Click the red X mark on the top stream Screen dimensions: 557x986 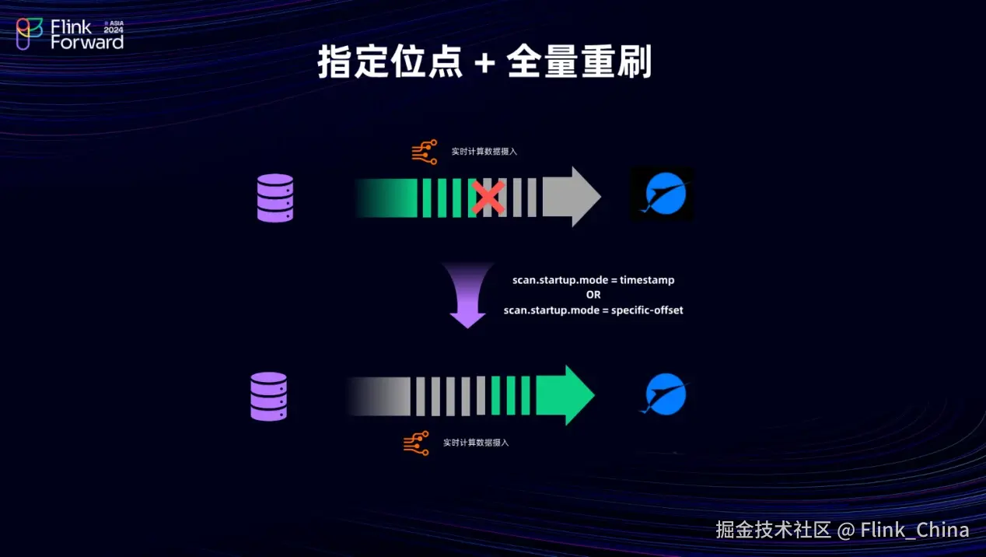(x=489, y=197)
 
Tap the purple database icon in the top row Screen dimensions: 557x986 (x=275, y=198)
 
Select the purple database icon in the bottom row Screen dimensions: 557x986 (x=269, y=396)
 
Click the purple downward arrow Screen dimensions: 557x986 (x=467, y=295)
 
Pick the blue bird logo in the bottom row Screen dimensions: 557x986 (x=665, y=394)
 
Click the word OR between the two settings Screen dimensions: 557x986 (x=593, y=295)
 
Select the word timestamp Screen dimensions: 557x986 (x=647, y=279)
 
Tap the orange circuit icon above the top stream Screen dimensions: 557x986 (x=424, y=151)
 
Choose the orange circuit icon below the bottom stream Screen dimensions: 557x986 (x=416, y=443)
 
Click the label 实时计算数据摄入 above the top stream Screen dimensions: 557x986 (x=484, y=152)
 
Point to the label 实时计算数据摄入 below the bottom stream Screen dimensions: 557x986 (x=476, y=443)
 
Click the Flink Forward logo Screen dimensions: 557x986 (x=70, y=34)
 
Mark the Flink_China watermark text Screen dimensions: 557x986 (x=914, y=530)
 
